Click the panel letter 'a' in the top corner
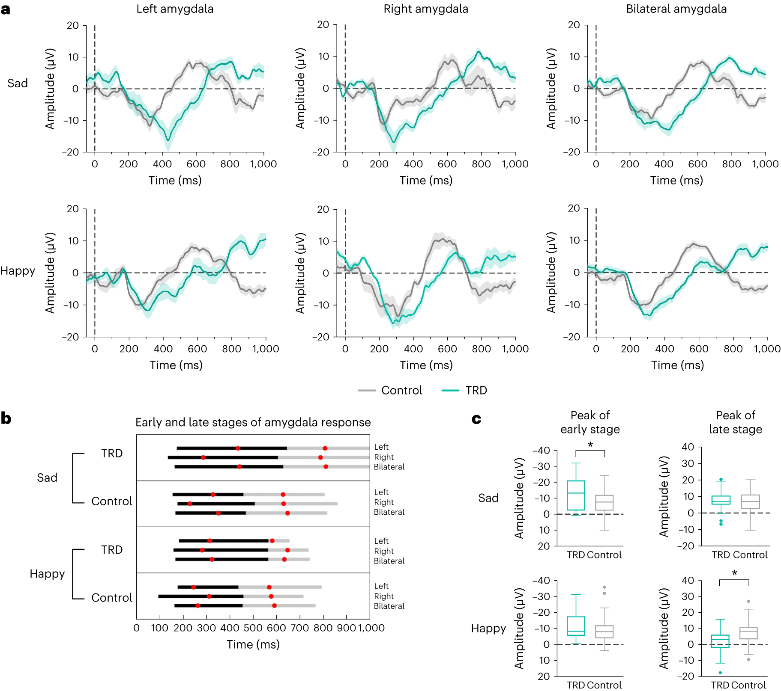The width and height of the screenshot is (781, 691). click(x=6, y=9)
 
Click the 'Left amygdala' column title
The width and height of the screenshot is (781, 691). click(x=175, y=9)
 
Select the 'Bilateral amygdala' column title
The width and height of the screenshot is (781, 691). click(x=676, y=9)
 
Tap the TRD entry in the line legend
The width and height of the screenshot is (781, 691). click(x=476, y=390)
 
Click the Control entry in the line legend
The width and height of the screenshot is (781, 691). click(x=401, y=390)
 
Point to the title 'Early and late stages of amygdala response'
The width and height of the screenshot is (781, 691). click(x=253, y=422)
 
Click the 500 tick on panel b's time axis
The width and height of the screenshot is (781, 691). click(x=253, y=628)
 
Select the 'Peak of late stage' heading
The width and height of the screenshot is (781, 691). click(x=736, y=422)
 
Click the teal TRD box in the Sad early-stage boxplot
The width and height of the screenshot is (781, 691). click(x=576, y=495)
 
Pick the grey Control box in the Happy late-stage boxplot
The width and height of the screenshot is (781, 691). click(x=748, y=633)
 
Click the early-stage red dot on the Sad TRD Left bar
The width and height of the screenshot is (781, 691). click(x=238, y=448)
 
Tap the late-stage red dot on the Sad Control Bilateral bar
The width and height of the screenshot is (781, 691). click(x=287, y=513)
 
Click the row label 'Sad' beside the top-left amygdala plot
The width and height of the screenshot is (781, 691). click(x=18, y=83)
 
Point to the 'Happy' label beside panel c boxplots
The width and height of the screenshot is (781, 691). click(x=488, y=628)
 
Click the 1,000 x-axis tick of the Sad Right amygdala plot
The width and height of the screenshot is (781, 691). click(x=515, y=164)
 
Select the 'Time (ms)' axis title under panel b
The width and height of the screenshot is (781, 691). click(x=253, y=644)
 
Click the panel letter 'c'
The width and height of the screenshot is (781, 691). click(x=476, y=419)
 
